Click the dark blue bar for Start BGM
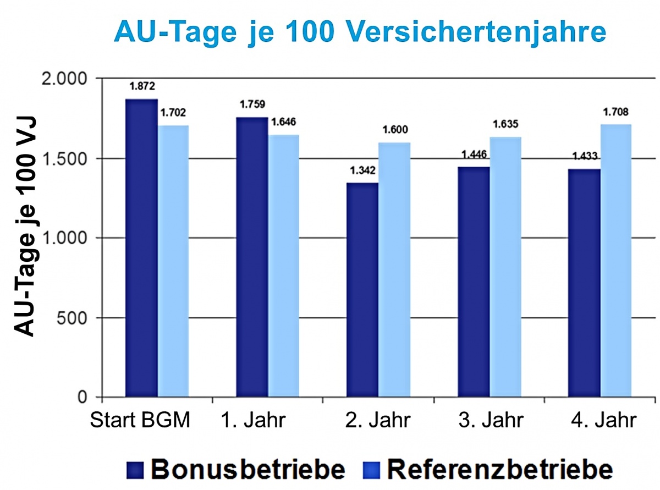tap(142, 247)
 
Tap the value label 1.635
tap(505, 124)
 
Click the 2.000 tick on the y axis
tap(65, 79)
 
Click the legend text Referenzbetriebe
tap(499, 470)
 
